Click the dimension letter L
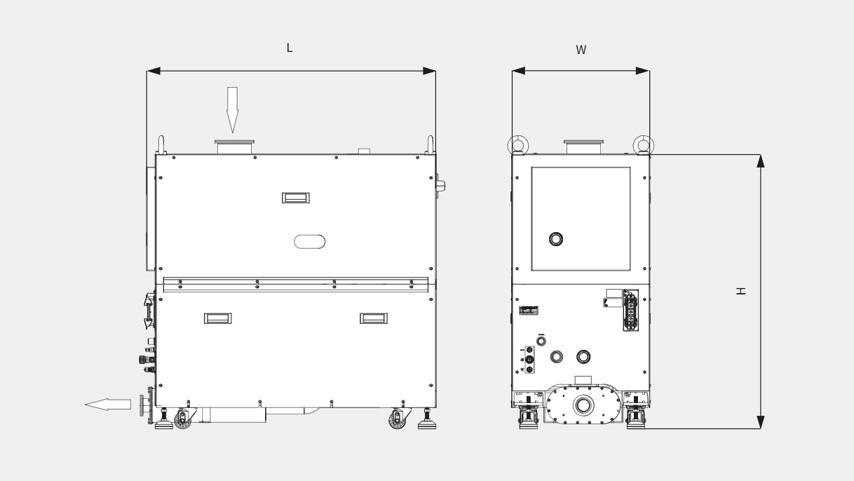coord(290,48)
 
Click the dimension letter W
coord(581,50)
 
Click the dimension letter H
coord(740,291)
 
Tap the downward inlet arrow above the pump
coord(232,110)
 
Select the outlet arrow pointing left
coord(108,405)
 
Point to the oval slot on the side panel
coord(310,242)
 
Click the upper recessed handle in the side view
coord(296,198)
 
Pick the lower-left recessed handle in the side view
coord(217,318)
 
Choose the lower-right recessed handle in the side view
coord(374,318)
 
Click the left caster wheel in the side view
coord(182,420)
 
